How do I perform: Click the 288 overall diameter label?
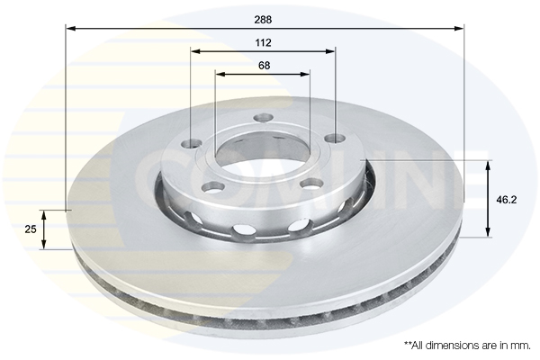click(x=263, y=20)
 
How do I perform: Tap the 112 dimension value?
click(x=263, y=42)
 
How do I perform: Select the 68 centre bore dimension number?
click(x=264, y=66)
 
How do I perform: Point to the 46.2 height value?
click(x=506, y=200)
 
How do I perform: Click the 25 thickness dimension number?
click(x=31, y=229)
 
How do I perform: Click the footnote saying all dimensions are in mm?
click(x=467, y=346)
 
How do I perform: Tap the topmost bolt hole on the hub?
click(x=263, y=118)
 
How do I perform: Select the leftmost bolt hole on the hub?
click(x=192, y=142)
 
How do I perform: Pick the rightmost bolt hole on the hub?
click(x=336, y=139)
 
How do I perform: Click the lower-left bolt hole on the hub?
click(x=213, y=187)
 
